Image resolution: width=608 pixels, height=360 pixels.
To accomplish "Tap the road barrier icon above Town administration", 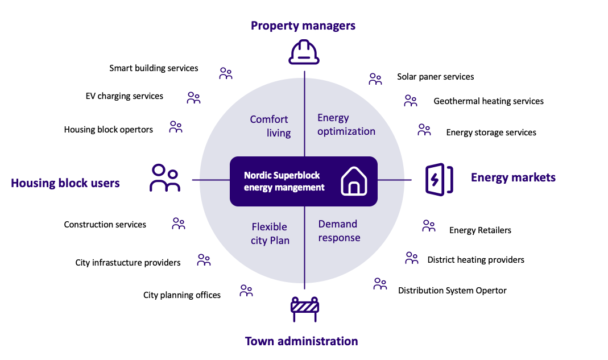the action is (x=305, y=309).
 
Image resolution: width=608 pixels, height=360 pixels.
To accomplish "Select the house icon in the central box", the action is (x=354, y=181).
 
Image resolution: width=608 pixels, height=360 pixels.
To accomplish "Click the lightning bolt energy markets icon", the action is (x=439, y=180).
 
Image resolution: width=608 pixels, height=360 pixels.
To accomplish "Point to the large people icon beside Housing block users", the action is (x=165, y=178).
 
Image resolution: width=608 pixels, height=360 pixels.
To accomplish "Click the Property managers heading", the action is (x=303, y=26).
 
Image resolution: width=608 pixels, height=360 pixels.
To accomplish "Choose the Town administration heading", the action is (x=301, y=341).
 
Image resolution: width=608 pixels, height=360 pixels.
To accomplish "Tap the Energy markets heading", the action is (x=513, y=177).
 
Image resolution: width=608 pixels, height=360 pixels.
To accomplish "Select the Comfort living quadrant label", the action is (x=270, y=126).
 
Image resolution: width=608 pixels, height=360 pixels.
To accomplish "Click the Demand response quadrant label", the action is (x=340, y=231).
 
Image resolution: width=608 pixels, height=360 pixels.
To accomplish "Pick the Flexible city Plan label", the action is (x=270, y=234).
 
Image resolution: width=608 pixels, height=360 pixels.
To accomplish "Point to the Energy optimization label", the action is (x=346, y=125).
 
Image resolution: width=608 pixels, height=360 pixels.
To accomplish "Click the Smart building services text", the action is (x=154, y=68).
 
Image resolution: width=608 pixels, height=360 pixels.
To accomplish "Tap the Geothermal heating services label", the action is (x=489, y=101).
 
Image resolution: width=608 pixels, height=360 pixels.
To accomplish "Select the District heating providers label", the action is (x=476, y=260).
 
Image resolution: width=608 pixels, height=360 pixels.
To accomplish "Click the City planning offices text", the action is (x=182, y=295).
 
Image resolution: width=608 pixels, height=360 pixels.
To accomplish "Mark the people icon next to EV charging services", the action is (x=193, y=98).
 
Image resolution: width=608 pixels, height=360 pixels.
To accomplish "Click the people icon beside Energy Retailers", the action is (x=428, y=226).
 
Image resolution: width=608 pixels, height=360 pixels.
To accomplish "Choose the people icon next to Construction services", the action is (x=179, y=224).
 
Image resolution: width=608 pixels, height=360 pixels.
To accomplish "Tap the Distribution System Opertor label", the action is (x=452, y=291).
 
